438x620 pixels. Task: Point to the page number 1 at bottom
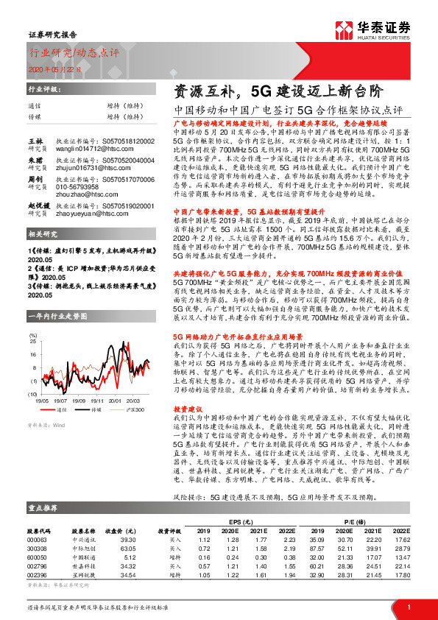tap(409, 605)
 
